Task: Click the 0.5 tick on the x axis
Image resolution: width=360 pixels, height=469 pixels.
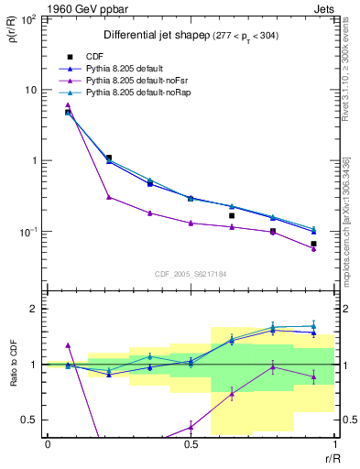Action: [191, 444]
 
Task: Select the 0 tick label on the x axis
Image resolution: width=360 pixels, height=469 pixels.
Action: [48, 444]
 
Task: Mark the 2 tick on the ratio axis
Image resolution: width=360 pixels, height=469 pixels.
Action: [35, 309]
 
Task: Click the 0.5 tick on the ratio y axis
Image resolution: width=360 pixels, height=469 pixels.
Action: [31, 420]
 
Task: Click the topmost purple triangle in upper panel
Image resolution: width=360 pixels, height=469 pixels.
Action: [68, 105]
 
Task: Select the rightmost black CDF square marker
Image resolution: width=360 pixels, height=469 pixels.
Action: [313, 244]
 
